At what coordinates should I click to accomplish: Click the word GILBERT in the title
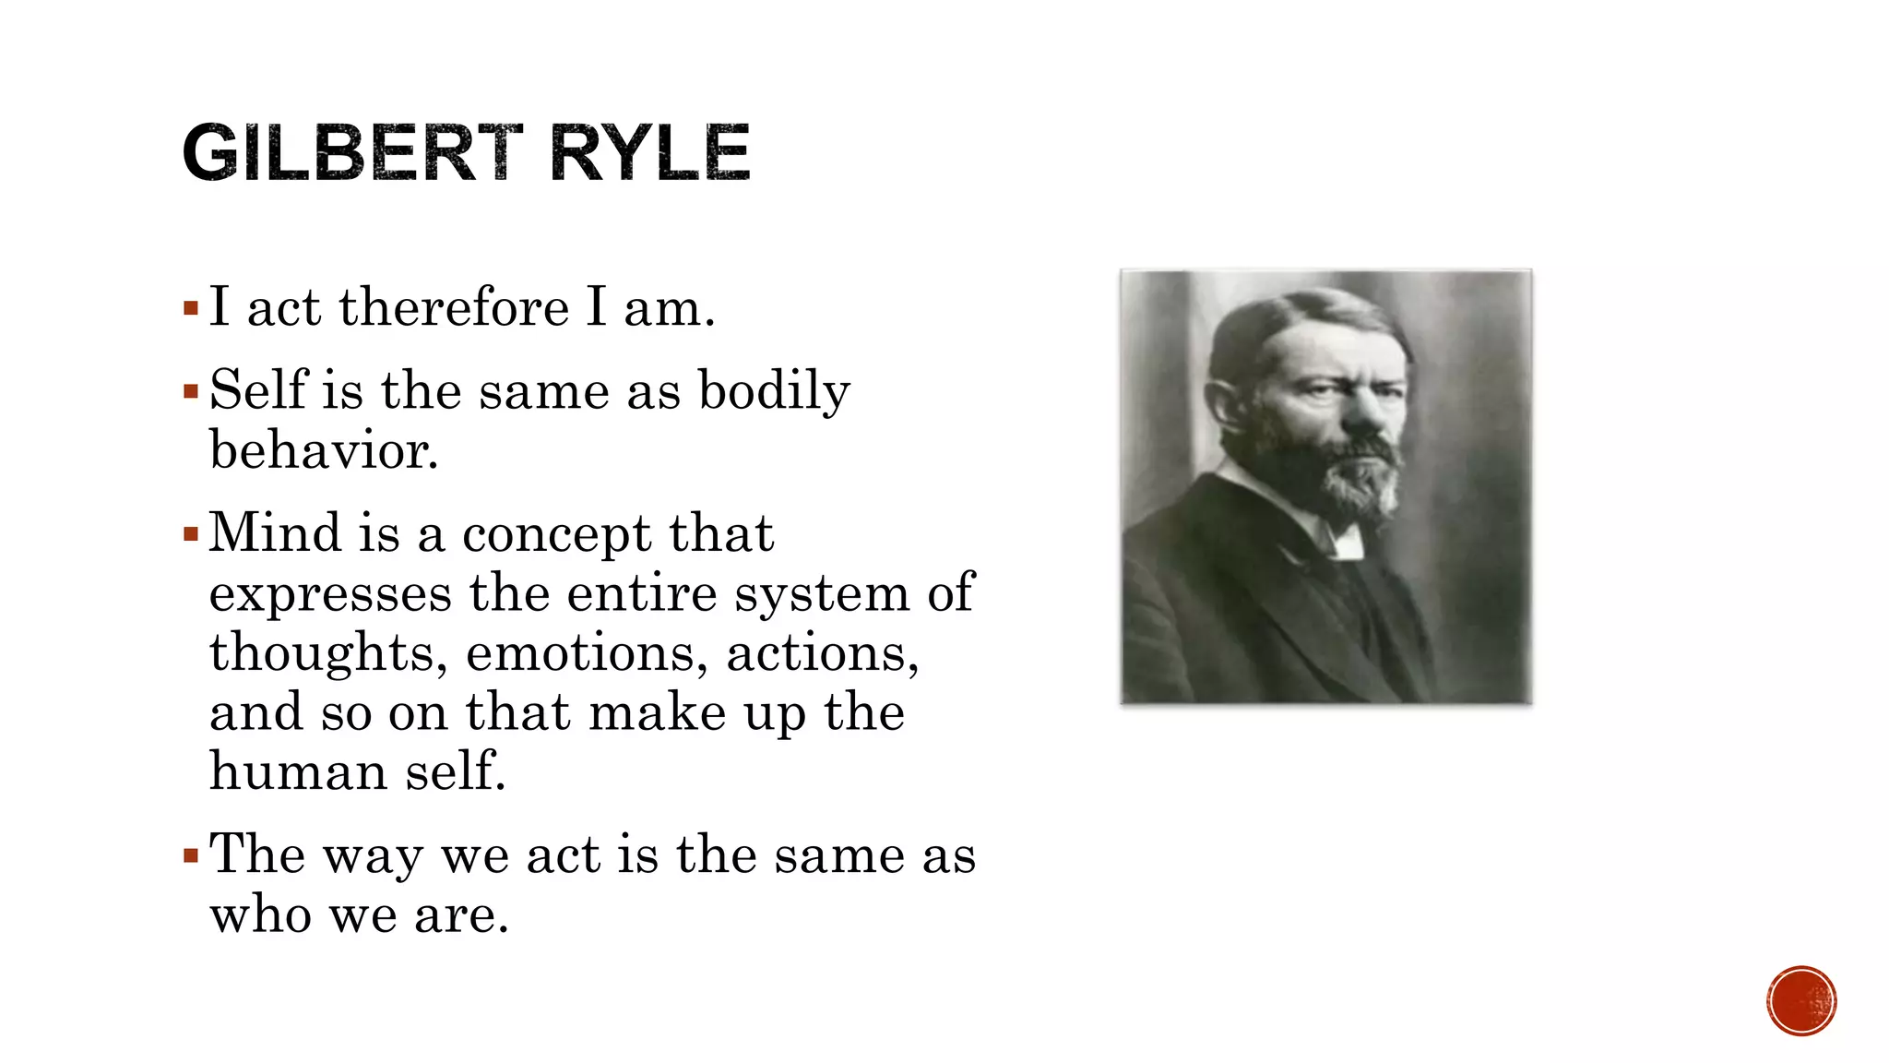(x=351, y=152)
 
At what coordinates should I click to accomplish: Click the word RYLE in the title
(x=649, y=152)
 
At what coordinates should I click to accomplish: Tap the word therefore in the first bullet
(x=454, y=307)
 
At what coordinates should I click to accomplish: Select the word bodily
(x=774, y=391)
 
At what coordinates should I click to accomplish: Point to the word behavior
(x=324, y=450)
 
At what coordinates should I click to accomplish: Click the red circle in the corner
(x=1801, y=1001)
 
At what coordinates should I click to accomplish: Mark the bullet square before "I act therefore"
(x=191, y=308)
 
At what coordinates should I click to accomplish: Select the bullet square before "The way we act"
(x=191, y=856)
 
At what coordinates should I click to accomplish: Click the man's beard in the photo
(x=1356, y=480)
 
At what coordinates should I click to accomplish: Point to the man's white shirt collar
(x=1342, y=539)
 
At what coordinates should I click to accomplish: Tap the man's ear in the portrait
(x=1226, y=406)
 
